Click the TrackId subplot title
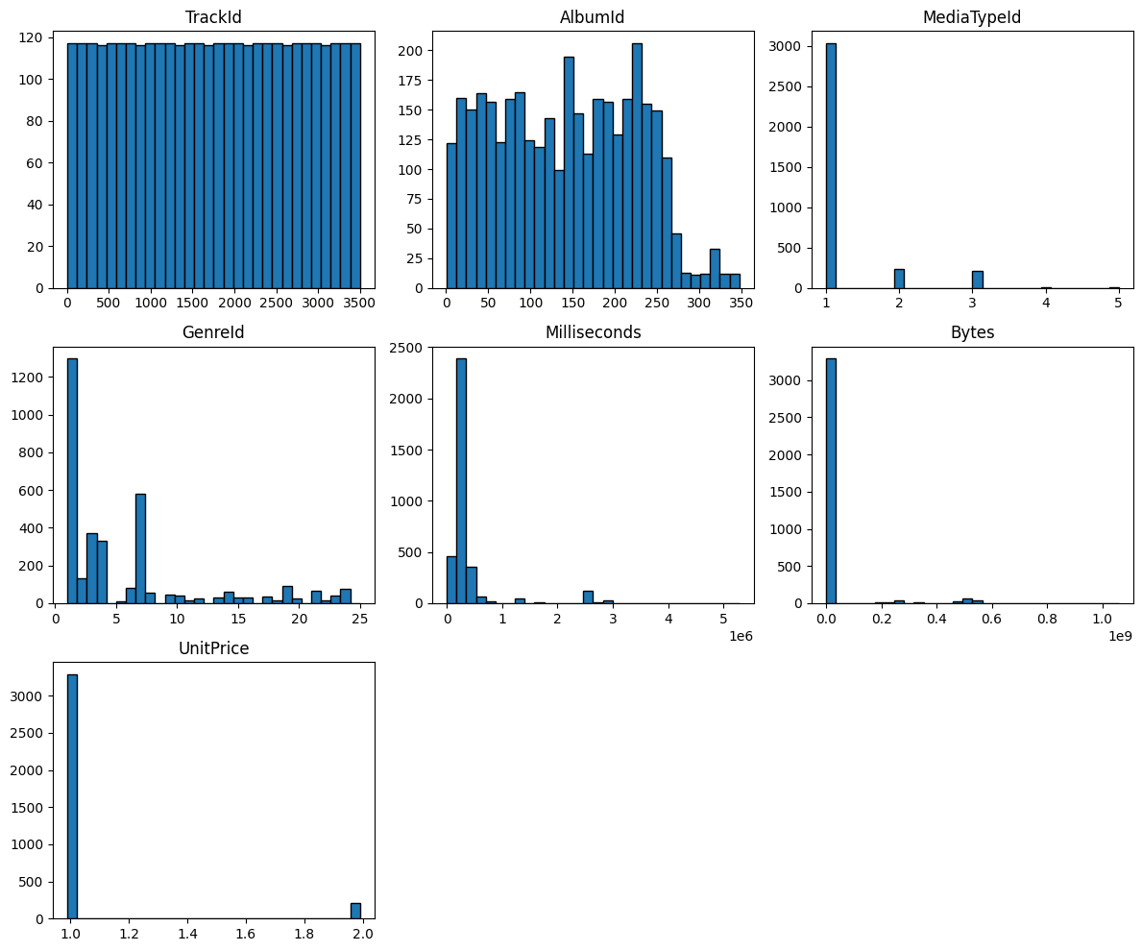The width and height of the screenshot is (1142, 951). [x=213, y=17]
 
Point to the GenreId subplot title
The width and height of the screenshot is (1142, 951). [x=213, y=332]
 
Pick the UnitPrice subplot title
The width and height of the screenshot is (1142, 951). [x=213, y=648]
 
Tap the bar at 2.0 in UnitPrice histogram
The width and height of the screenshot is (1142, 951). [x=355, y=911]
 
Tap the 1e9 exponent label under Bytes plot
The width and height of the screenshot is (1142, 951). [x=1120, y=635]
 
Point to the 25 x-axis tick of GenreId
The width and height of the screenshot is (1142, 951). [x=360, y=619]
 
